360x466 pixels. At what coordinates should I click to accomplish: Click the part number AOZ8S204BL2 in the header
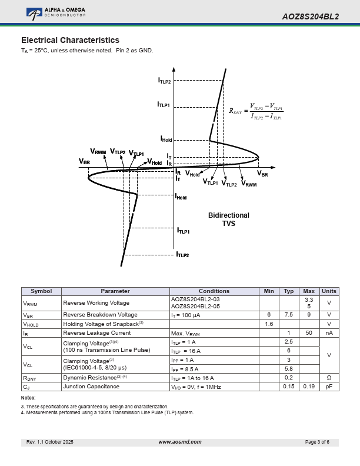(310, 16)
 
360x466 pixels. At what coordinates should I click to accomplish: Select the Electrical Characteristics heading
(70, 40)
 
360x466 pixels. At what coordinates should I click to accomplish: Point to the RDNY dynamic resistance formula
(256, 111)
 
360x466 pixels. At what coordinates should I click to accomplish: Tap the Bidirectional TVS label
(228, 219)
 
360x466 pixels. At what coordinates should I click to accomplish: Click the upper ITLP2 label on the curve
(164, 81)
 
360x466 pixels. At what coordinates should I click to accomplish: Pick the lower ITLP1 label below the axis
(183, 232)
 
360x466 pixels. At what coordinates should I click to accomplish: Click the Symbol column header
(41, 291)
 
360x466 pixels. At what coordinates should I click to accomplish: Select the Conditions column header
(214, 291)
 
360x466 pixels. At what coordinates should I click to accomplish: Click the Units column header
(329, 291)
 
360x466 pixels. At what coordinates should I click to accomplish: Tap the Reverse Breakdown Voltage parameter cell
(100, 315)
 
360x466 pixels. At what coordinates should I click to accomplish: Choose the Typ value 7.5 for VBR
(288, 315)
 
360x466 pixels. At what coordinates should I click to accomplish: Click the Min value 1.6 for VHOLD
(269, 324)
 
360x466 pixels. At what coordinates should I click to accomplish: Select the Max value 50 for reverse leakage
(308, 332)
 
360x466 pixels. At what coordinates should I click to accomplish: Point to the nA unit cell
(329, 332)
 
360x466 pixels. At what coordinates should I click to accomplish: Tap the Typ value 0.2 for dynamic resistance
(288, 378)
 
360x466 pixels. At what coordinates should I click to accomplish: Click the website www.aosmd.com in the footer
(180, 442)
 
